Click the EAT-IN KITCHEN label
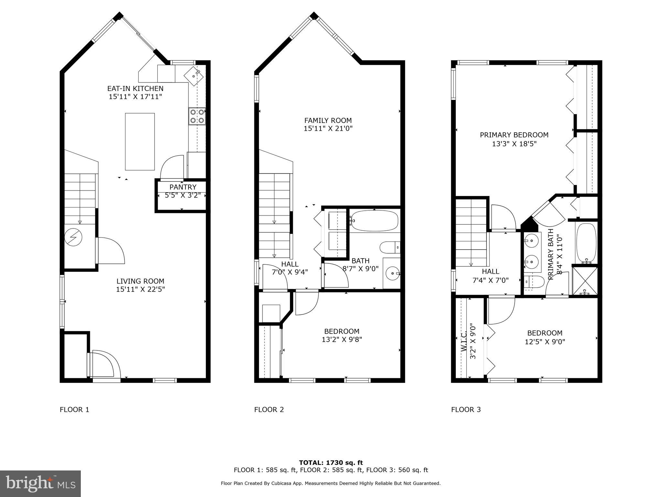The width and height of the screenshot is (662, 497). click(x=135, y=88)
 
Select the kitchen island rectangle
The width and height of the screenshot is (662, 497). click(x=140, y=141)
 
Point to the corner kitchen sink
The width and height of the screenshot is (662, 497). click(x=193, y=76)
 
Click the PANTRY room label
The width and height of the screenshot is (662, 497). click(x=183, y=187)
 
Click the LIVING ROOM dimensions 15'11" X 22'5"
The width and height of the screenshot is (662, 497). click(x=140, y=289)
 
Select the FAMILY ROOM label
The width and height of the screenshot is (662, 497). click(x=328, y=120)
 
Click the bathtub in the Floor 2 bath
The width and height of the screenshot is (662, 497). click(x=374, y=221)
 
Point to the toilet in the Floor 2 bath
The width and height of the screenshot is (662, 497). click(x=390, y=248)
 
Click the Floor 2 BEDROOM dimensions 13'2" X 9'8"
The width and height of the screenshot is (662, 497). click(x=342, y=339)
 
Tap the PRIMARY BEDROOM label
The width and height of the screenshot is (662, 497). click(x=514, y=135)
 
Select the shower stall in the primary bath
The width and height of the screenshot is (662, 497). click(x=584, y=280)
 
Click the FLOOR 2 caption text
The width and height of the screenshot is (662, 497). click(x=269, y=410)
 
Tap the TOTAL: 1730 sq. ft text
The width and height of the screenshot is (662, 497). click(x=331, y=463)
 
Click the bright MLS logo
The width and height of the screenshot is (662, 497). click(x=40, y=484)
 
